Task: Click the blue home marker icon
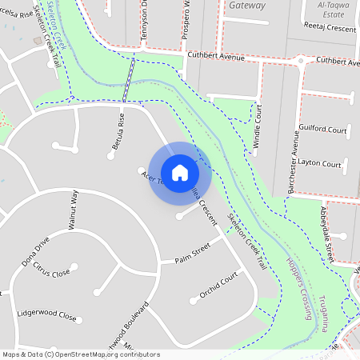coord(180,172)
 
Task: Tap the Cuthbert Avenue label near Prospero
coord(215,57)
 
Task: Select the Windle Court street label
coord(258,126)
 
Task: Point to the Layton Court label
coord(320,164)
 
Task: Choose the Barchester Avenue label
coord(292,163)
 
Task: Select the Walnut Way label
coord(74,210)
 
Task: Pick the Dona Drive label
coord(36,250)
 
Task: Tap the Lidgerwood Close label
coord(46,314)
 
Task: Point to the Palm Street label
coord(192,255)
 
